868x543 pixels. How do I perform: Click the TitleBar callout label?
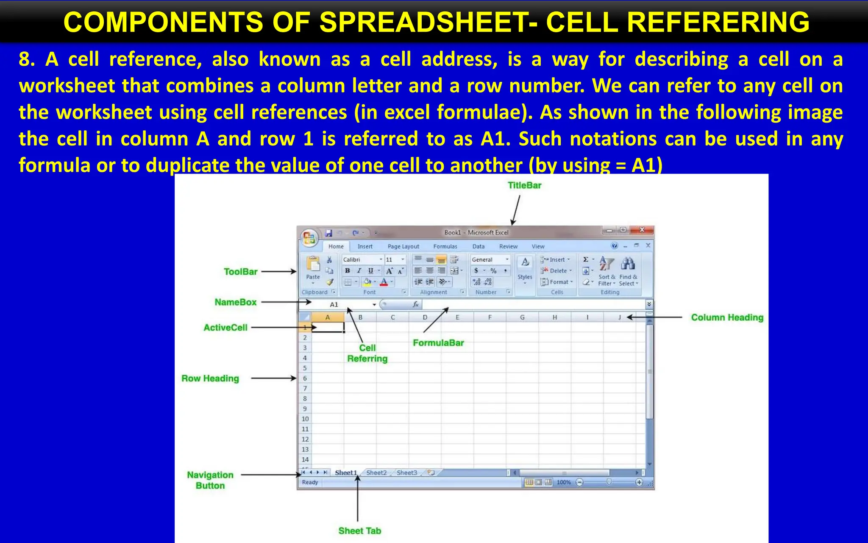pos(524,185)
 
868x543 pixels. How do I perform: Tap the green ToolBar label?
pos(240,272)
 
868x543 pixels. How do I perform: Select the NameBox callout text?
pos(236,302)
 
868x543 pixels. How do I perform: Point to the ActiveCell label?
pos(225,327)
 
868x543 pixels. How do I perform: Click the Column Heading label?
pos(727,317)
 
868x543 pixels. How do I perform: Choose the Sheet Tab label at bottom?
pos(359,531)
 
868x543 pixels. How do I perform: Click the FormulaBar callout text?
pos(438,343)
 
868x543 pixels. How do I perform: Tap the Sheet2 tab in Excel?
pos(376,473)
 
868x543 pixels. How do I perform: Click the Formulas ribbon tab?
pos(445,246)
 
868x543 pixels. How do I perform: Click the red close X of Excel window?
pos(642,230)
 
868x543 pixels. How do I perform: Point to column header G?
pos(522,317)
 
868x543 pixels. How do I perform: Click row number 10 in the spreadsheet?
pos(305,419)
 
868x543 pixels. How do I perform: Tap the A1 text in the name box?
pos(334,305)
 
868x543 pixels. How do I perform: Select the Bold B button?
pos(348,271)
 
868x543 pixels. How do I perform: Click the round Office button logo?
pos(309,238)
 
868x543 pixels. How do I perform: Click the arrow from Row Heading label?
pos(273,378)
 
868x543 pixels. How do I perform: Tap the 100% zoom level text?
pos(564,482)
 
